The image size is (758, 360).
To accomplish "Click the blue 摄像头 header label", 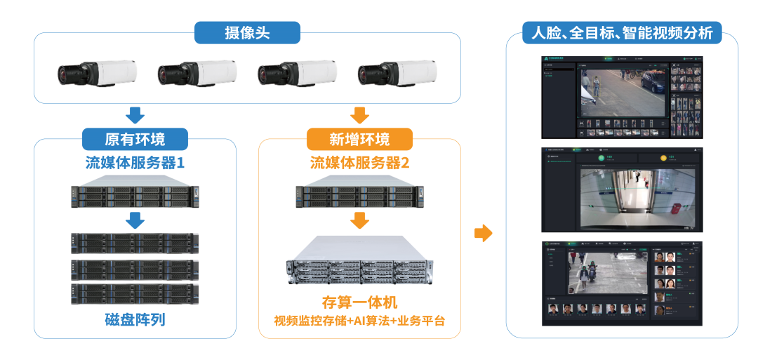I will tap(247, 32).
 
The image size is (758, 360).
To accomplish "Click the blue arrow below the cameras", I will tap(135, 114).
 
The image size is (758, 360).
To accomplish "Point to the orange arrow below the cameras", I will tap(359, 114).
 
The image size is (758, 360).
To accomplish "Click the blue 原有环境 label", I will tap(135, 138).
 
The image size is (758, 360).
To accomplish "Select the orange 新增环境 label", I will tap(359, 138).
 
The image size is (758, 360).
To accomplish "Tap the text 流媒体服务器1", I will tap(135, 164).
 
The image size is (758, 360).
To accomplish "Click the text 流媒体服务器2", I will tap(359, 164).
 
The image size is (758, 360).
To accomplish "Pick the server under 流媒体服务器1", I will tap(135, 194).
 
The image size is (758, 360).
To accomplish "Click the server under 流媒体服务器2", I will tap(359, 194).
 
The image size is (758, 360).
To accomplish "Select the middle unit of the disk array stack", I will tap(135, 269).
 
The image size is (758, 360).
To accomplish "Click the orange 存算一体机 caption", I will tap(359, 303).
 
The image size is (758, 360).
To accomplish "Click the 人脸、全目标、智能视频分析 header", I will tap(622, 33).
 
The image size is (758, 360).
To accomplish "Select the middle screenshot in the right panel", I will tap(622, 189).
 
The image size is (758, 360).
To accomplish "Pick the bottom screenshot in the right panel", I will tap(622, 284).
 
